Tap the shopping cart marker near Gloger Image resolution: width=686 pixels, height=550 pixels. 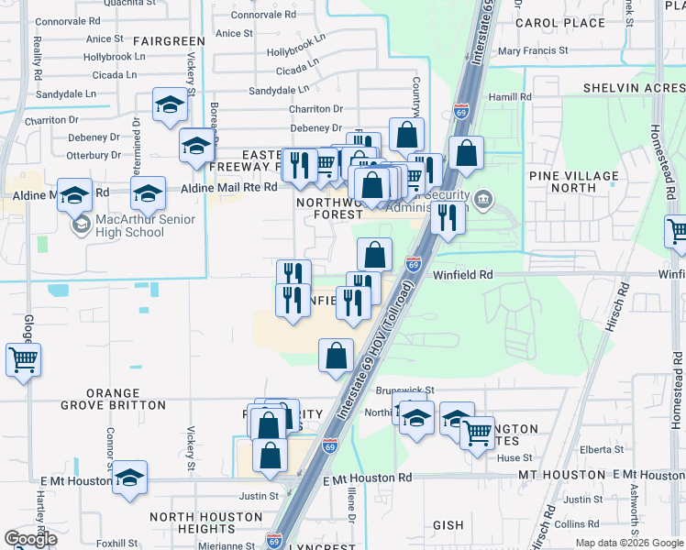[23, 358]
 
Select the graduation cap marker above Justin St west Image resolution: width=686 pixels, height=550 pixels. [130, 478]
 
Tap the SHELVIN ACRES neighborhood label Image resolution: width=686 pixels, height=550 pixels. [634, 88]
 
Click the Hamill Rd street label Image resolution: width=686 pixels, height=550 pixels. [510, 96]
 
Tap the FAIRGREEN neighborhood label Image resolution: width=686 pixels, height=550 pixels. [169, 42]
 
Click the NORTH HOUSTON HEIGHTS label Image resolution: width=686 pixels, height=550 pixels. [206, 522]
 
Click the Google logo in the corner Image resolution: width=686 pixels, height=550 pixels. [30, 539]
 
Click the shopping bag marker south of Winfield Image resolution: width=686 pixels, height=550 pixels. [337, 355]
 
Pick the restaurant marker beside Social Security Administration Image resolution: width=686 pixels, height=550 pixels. [446, 218]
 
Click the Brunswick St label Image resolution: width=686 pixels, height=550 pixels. [405, 390]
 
